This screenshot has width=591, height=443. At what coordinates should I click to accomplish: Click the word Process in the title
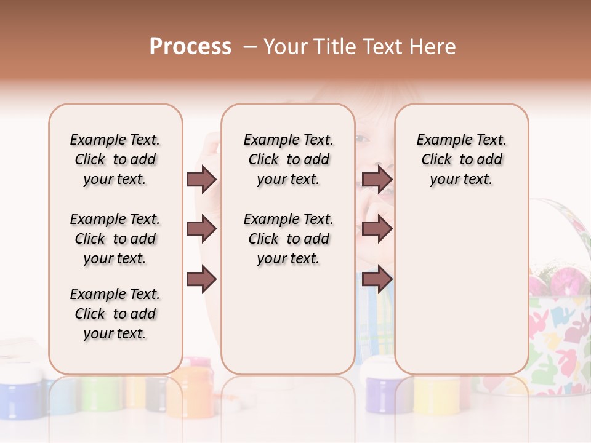coord(190,47)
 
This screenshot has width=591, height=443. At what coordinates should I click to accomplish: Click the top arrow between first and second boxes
coord(201,179)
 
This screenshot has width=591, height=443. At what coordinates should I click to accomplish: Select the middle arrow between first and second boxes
coord(201,229)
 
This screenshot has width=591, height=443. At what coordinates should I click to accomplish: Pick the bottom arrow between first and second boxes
coord(201,279)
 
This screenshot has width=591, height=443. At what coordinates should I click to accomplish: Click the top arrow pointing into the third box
coord(377,179)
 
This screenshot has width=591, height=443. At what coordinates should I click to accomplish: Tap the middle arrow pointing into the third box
coord(377,229)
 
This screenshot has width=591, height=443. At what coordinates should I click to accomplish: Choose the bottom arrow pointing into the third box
coord(377,279)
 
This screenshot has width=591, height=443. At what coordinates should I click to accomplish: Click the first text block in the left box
coord(115,159)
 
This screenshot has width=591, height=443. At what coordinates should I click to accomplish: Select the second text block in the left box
coord(115,239)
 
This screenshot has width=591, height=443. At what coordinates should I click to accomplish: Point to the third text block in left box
coord(115,314)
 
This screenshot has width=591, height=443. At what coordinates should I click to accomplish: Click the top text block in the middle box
coord(288,159)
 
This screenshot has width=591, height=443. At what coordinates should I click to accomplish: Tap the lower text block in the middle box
coord(288,239)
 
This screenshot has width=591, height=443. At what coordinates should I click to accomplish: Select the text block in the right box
coord(461,159)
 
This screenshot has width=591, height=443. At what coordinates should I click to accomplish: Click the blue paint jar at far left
coord(22,391)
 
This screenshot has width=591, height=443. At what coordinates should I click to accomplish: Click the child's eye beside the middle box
coord(363,139)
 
